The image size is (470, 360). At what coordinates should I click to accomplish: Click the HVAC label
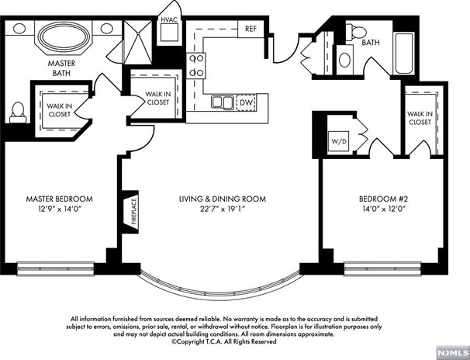[169, 19]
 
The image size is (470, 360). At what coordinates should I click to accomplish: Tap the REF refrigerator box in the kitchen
[251, 29]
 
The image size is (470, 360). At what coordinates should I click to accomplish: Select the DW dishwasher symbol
[247, 102]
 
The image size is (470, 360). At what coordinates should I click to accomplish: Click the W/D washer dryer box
[338, 141]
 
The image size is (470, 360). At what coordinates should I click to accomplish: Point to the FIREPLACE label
[133, 212]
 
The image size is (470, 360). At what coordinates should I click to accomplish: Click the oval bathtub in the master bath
[65, 36]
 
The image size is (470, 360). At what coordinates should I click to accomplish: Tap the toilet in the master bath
[18, 112]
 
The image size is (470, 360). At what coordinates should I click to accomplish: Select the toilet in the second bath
[357, 32]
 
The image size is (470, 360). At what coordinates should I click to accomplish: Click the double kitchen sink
[223, 102]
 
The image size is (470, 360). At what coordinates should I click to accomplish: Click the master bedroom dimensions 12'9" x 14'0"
[60, 209]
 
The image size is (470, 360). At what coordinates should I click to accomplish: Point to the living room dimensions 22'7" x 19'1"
[223, 209]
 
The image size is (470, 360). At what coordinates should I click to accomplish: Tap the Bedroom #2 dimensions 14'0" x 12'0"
[384, 209]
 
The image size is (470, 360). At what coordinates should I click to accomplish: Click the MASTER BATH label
[61, 68]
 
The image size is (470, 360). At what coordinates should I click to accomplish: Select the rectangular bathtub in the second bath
[405, 54]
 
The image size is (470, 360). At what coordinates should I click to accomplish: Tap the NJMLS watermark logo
[453, 352]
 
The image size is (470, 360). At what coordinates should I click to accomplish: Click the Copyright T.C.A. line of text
[224, 341]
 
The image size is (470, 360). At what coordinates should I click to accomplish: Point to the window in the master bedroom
[55, 268]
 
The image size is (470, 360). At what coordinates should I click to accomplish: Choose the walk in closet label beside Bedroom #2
[420, 118]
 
